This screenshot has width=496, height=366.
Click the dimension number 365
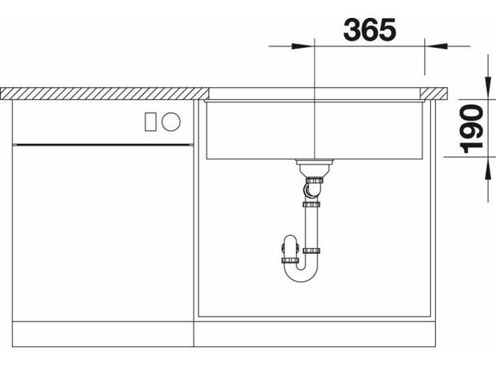[x=369, y=29]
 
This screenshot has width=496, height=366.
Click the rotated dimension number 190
[x=472, y=129]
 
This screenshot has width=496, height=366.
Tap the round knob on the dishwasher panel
[x=171, y=122]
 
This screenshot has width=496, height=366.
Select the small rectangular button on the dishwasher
[x=150, y=122]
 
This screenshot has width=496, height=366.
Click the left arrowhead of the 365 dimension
[x=302, y=46]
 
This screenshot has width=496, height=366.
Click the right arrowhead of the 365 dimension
[x=436, y=46]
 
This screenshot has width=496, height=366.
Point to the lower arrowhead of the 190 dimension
[x=488, y=168]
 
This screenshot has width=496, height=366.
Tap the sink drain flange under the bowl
[x=315, y=163]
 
